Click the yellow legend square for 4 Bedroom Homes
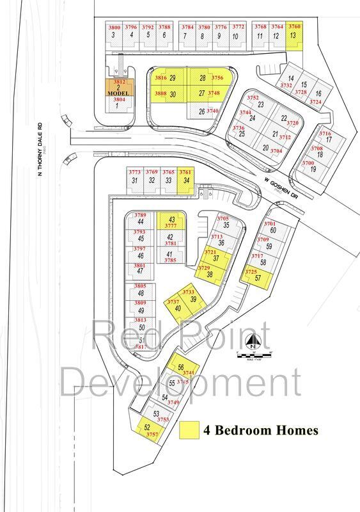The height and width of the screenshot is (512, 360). tap(189, 430)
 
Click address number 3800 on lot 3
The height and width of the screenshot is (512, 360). tap(114, 28)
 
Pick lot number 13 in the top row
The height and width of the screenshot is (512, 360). tap(293, 36)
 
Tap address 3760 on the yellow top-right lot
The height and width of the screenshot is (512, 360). tap(294, 27)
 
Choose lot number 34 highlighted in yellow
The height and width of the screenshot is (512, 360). tap(185, 180)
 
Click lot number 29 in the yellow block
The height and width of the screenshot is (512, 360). tap(173, 78)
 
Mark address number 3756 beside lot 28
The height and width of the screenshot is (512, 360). tap(217, 78)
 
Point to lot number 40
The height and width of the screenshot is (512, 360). tap(178, 308)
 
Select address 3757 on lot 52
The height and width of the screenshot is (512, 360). tap(152, 435)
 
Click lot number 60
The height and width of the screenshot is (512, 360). tap(272, 230)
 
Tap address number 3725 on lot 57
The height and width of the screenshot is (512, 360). tap(251, 272)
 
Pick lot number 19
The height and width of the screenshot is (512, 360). tap(313, 169)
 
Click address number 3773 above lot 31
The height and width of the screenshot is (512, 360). tap(134, 172)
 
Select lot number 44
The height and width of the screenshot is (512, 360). tap(140, 221)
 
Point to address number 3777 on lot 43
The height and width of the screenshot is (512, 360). tap(171, 226)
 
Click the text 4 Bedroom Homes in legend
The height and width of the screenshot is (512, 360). tap(260, 431)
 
